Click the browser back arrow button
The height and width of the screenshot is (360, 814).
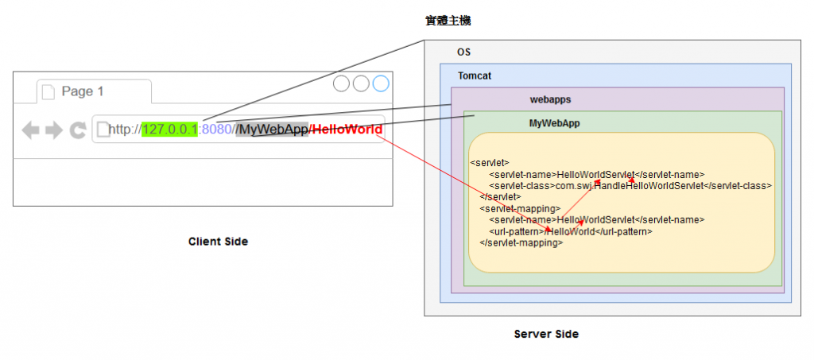click(30, 130)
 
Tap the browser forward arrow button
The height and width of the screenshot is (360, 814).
click(53, 130)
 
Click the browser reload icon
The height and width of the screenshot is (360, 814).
click(77, 130)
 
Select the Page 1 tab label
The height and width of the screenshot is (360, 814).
click(83, 91)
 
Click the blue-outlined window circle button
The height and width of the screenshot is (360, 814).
click(381, 83)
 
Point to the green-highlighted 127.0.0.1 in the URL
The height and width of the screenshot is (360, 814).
click(169, 130)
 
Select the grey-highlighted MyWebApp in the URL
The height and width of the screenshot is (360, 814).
click(272, 130)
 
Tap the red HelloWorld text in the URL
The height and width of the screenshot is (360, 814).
click(348, 130)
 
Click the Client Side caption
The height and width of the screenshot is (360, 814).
click(218, 241)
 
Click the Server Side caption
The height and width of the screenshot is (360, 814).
click(546, 334)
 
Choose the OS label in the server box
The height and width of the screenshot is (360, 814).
click(463, 52)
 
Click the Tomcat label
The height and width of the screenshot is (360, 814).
click(475, 76)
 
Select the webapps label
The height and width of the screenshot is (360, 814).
click(550, 99)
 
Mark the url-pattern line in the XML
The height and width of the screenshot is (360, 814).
click(571, 231)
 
